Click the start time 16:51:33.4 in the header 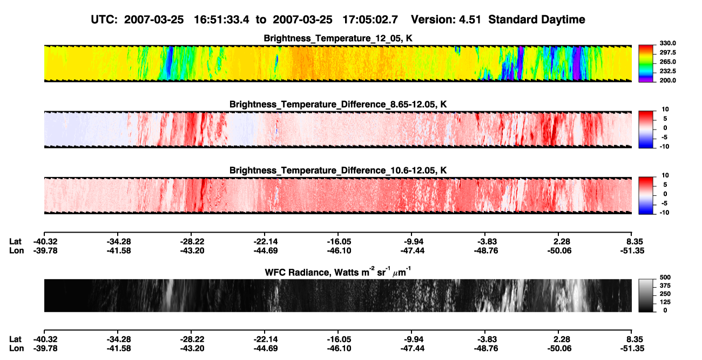pos(221,20)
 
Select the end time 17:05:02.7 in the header pos(370,20)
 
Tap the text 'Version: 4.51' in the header pos(446,20)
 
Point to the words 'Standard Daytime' pos(537,20)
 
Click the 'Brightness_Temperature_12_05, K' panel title pos(338,38)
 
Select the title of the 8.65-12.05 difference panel pos(338,104)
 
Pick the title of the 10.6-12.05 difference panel pos(338,171)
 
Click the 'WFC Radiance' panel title pos(337,272)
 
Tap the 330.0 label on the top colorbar pos(667,43)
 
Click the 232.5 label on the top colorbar pos(667,71)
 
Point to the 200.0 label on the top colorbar pos(667,80)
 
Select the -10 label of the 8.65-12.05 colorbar pos(664,147)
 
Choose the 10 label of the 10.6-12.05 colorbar pos(665,175)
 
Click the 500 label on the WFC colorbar pos(665,277)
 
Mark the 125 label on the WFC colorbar pos(665,302)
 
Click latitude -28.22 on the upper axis pos(192,242)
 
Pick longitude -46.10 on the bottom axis pos(339,349)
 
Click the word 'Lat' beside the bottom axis pos(15,339)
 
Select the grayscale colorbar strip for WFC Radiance pos(646,295)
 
